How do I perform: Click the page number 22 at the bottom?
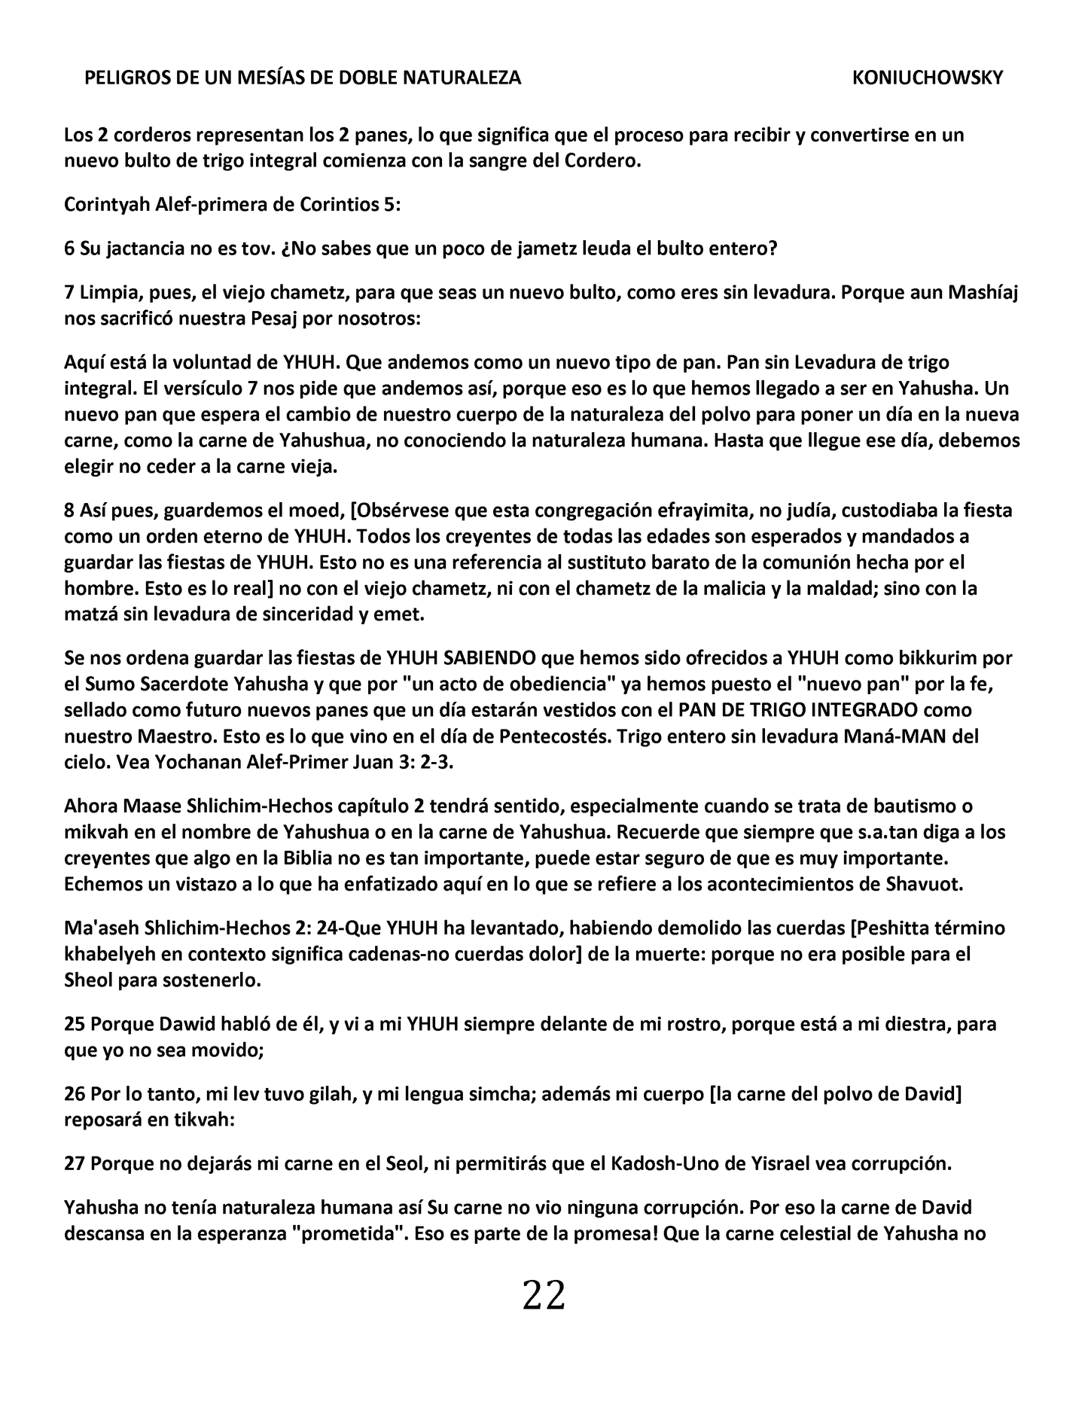click(544, 1296)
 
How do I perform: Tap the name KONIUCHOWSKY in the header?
click(928, 78)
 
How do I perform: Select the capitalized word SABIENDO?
click(490, 658)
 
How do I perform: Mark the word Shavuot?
click(928, 884)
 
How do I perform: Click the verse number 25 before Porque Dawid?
click(75, 1024)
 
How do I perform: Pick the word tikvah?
click(203, 1120)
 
